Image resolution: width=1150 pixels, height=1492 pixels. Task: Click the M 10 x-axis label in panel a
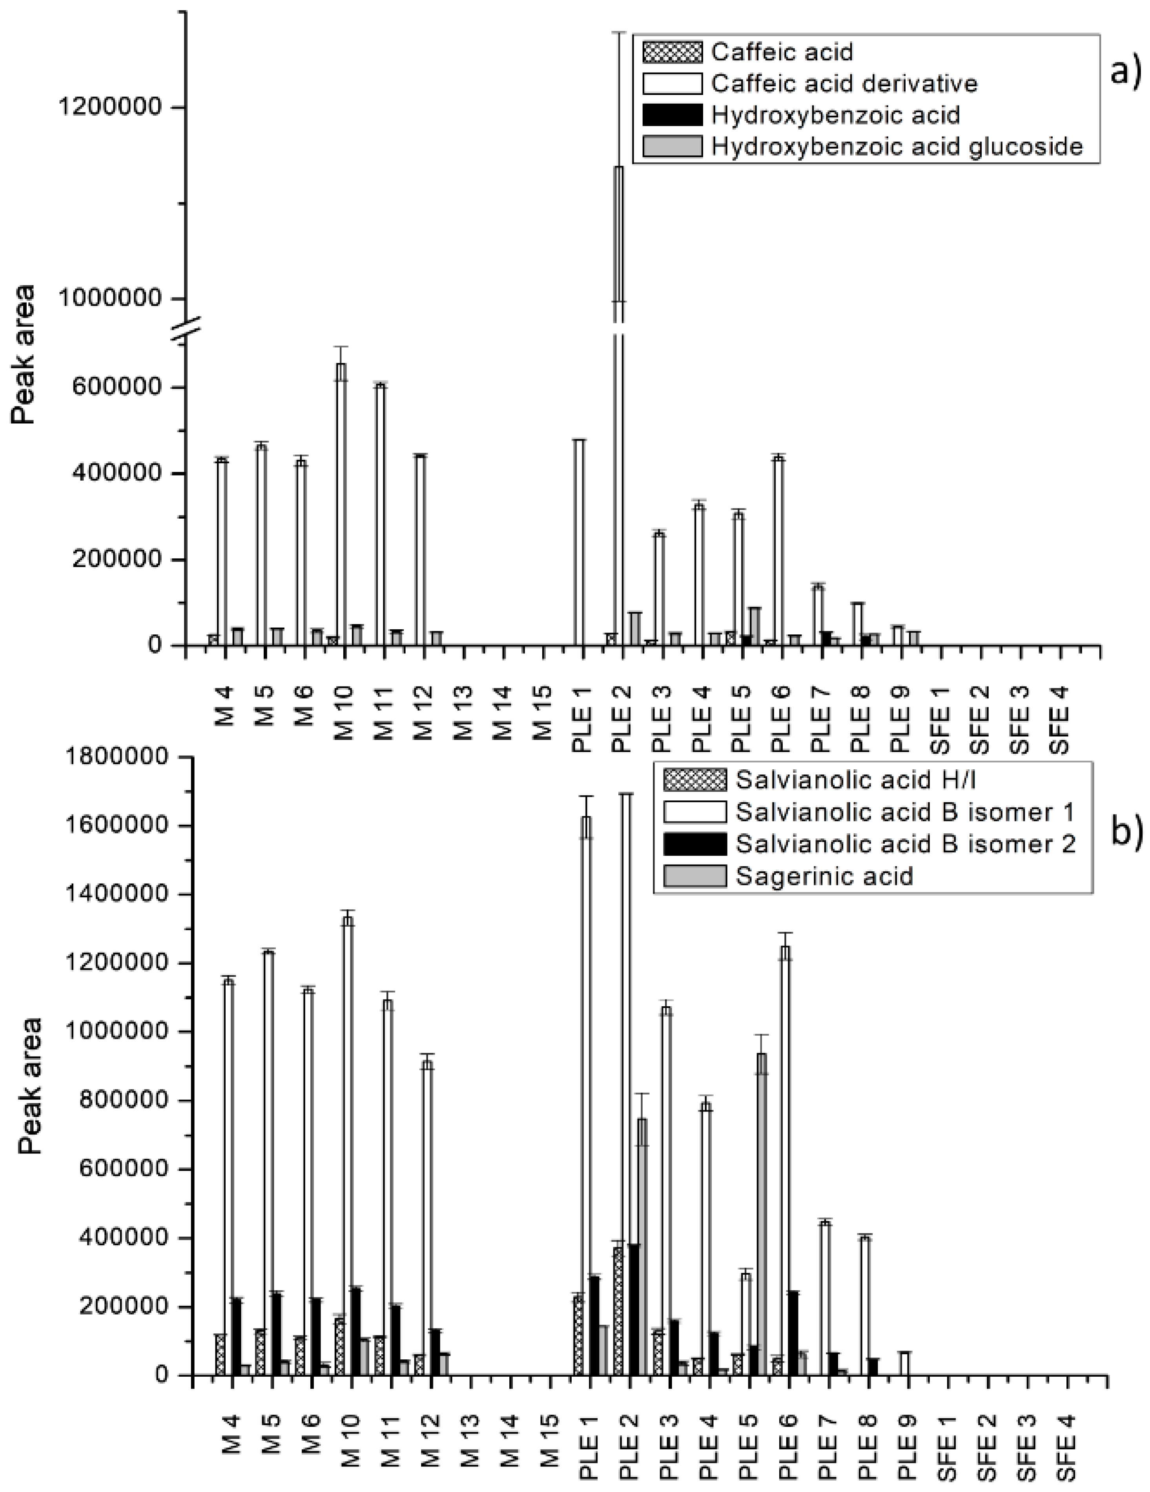coord(344,721)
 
